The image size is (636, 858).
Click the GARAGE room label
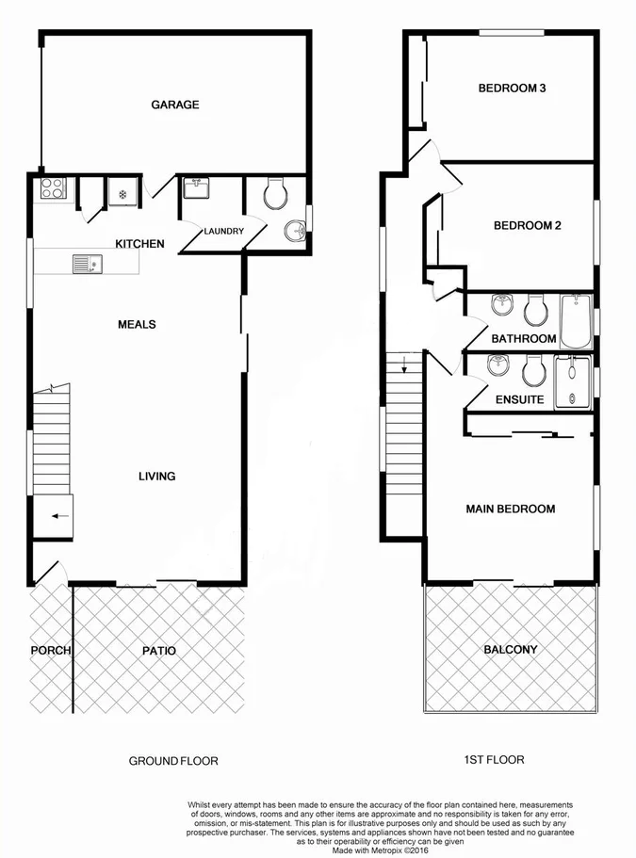coord(175,105)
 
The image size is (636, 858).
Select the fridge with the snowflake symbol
coord(122,192)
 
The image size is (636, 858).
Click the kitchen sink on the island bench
coord(86,265)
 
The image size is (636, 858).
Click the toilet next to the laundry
coord(275,195)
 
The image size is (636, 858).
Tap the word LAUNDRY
coord(224,232)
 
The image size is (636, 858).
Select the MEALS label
coord(137,325)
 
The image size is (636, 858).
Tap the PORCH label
coord(49,651)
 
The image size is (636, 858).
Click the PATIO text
coord(159,651)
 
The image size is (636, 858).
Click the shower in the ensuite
coord(571,381)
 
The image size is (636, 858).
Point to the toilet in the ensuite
coord(532,372)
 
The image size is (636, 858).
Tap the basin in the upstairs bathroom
coord(502,306)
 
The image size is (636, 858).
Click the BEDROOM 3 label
coord(513,89)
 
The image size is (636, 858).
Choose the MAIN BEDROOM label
coord(511,510)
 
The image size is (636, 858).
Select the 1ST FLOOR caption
coord(496,759)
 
